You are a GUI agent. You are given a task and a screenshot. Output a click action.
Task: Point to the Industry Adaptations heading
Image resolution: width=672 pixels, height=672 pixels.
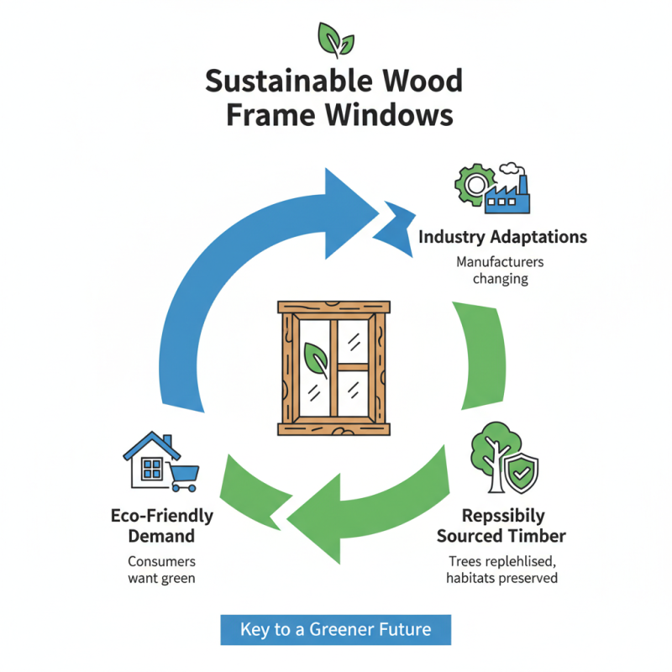coord(502,237)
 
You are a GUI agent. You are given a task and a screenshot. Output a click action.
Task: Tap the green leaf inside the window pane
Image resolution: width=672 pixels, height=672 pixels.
coord(316,360)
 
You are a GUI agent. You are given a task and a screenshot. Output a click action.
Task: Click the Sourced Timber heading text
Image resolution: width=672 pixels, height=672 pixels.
coord(503,535)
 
